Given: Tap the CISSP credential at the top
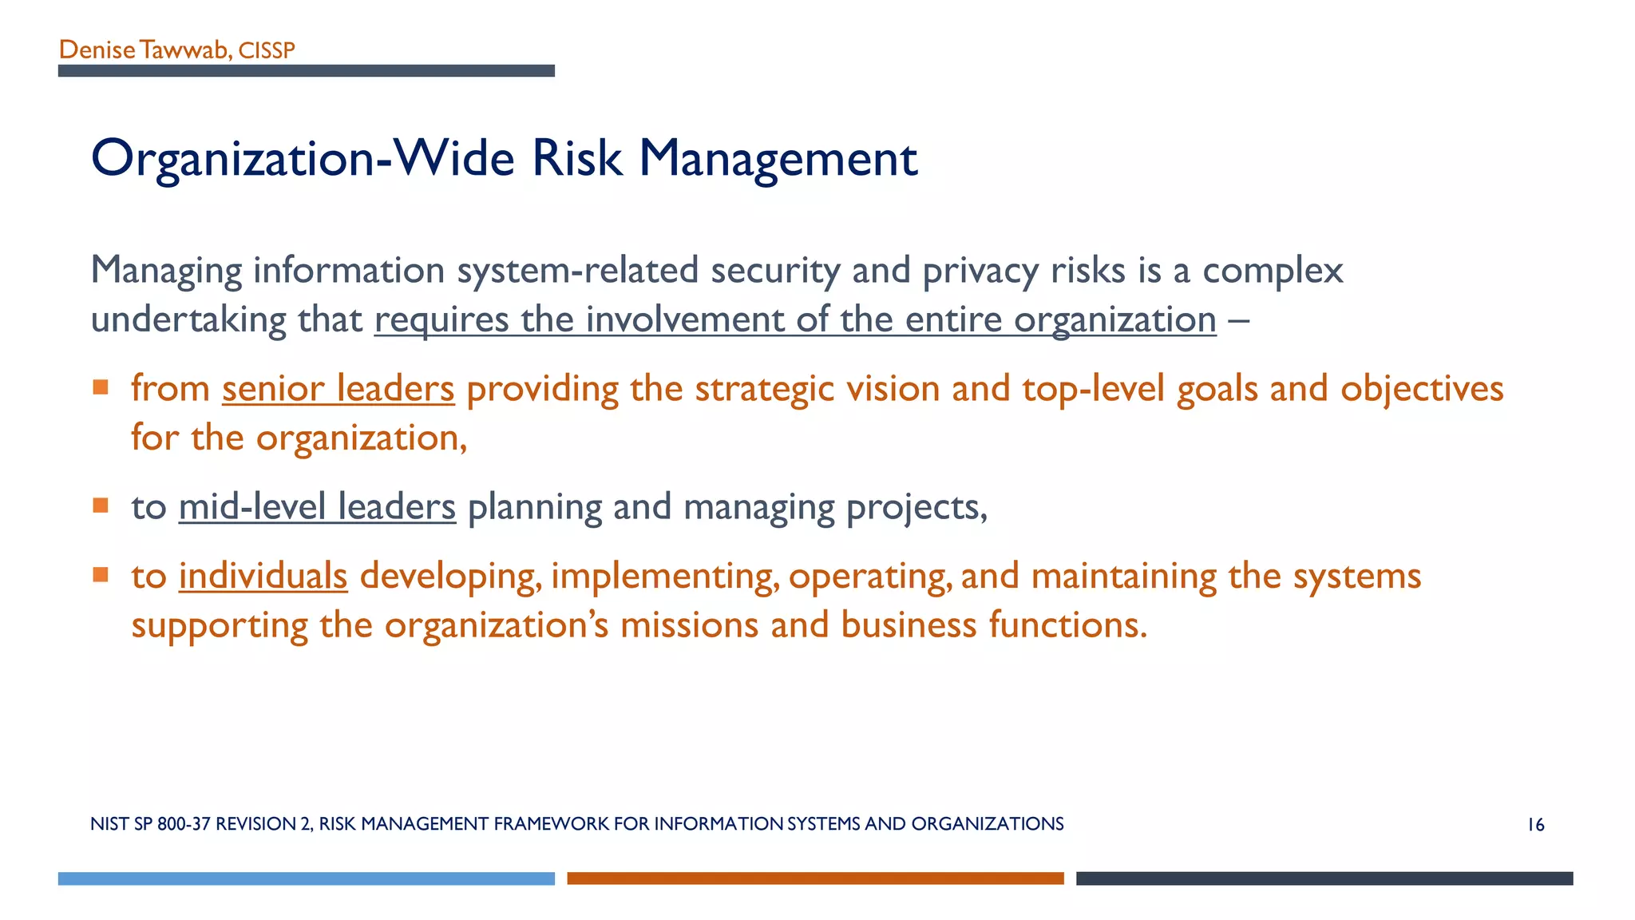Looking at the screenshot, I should pos(267,51).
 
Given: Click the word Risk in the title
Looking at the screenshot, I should pos(576,158).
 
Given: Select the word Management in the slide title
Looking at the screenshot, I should pos(778,158).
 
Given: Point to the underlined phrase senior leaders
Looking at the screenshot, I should pos(338,389).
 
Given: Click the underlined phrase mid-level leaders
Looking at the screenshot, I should pos(317,507).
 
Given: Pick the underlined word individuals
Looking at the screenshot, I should pos(263,576).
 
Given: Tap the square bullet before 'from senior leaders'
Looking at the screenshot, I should pos(101,388).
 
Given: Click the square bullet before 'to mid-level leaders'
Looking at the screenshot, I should pos(101,506).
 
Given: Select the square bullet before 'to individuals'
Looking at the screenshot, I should pos(101,575).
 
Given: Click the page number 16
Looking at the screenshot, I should pos(1536,825).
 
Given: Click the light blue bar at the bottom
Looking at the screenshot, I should pos(306,878).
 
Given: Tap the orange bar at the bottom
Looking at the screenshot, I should pos(815,878).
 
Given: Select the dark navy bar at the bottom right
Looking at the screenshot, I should pos(1324,878).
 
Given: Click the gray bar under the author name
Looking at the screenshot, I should pos(306,71).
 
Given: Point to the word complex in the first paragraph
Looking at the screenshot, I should pos(1273,271).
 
